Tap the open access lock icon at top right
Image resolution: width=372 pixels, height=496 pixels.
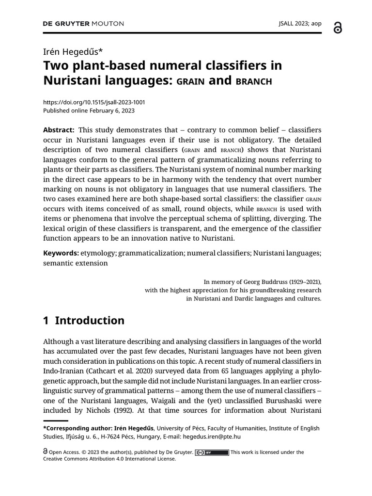338,28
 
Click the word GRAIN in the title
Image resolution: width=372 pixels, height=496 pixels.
190,81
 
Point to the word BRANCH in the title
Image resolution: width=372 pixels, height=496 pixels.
253,81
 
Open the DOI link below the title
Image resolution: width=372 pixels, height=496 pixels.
94,102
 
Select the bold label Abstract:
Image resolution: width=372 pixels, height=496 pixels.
59,130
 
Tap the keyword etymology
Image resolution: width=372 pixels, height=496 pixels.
99,253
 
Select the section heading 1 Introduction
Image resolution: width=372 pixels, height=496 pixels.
84,320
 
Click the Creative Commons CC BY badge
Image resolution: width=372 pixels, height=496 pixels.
212,452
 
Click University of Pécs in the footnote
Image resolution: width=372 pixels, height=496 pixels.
181,428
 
